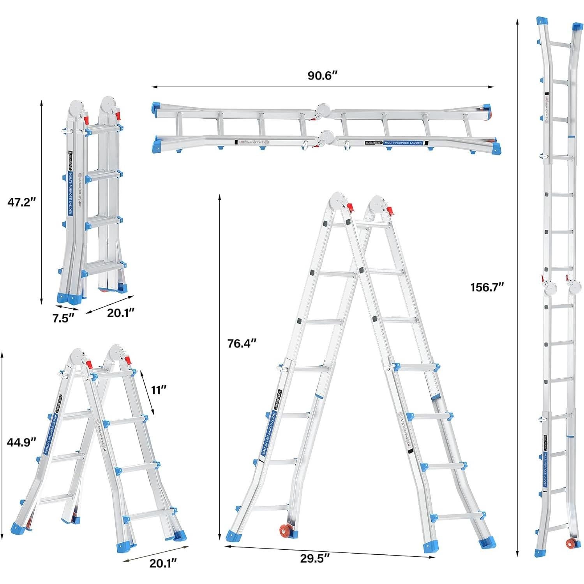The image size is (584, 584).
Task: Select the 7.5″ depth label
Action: click(63, 318)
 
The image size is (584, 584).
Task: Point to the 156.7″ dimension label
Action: click(487, 288)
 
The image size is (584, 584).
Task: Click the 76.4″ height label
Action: click(242, 343)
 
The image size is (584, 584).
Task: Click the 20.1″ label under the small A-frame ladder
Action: click(163, 563)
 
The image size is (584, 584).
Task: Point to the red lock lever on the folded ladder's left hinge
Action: click(87, 117)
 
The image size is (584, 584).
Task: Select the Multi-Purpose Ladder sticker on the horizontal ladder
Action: click(403, 143)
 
